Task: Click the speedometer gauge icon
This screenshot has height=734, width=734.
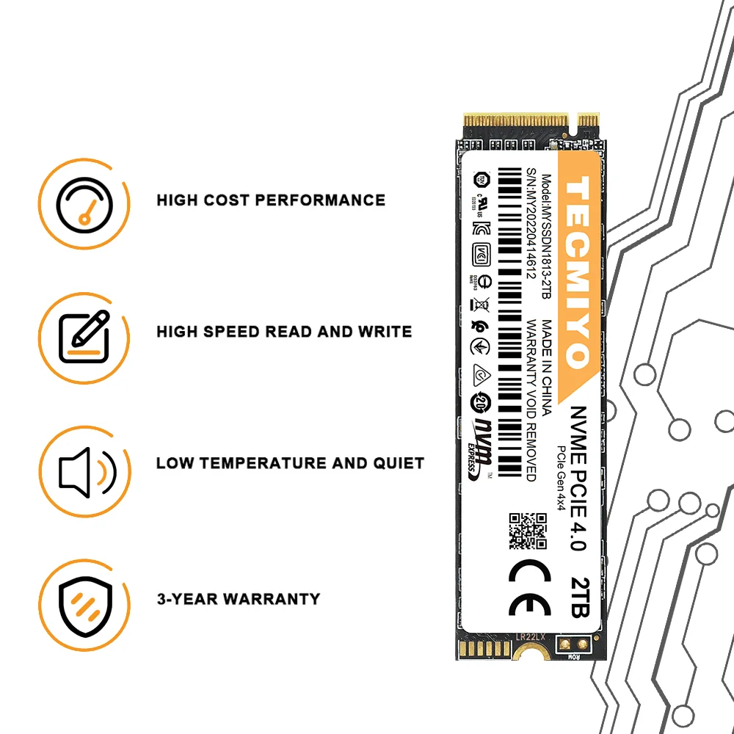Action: [85, 200]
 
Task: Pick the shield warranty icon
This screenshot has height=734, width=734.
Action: [85, 599]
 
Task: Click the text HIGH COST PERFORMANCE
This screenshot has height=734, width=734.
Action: [271, 200]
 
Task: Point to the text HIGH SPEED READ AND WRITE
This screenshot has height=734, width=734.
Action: [284, 332]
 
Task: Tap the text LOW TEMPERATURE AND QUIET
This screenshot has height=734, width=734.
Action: [290, 463]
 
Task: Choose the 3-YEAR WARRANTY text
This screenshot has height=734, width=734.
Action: [239, 599]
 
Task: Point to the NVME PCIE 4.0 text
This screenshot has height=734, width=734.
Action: [578, 477]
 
